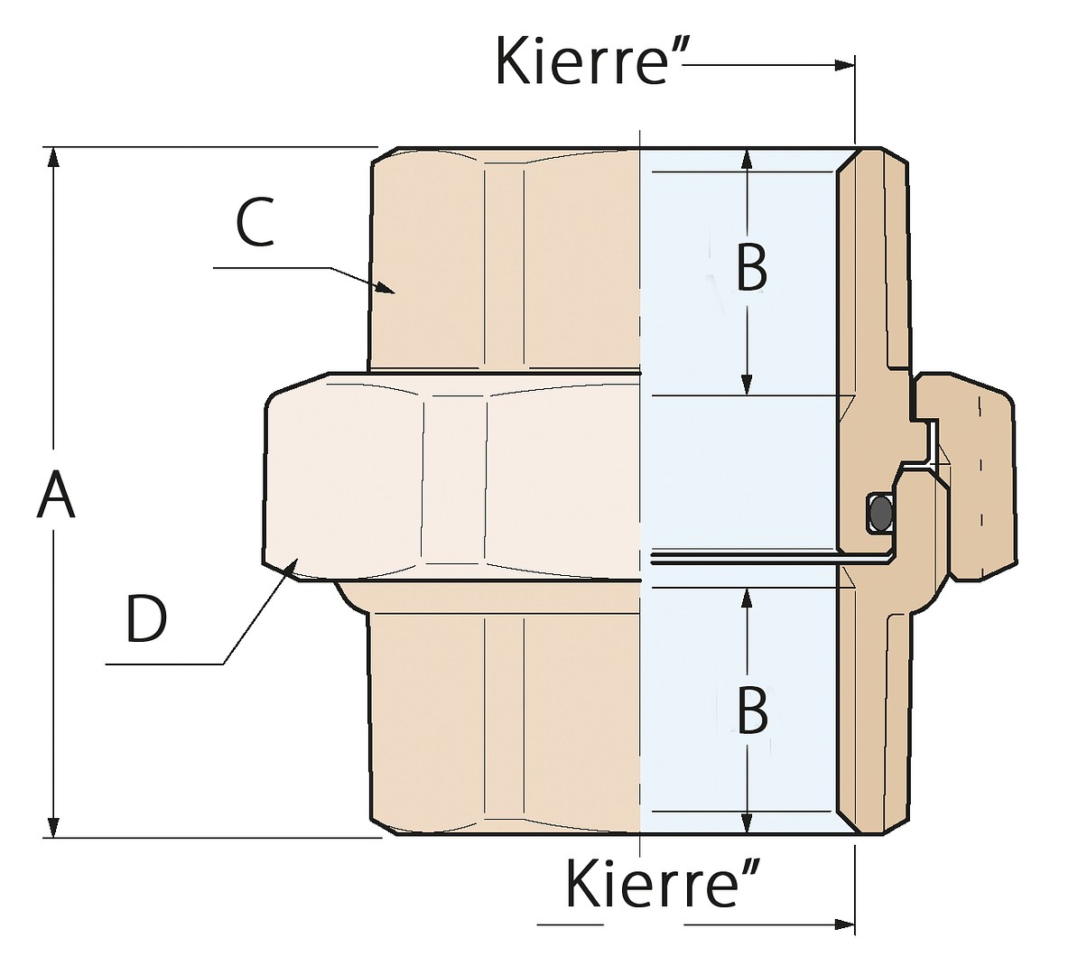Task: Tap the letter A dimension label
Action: pyautogui.click(x=56, y=494)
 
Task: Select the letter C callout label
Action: pyautogui.click(x=255, y=223)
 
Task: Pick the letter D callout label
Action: pyautogui.click(x=146, y=618)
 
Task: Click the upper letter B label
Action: pyautogui.click(x=752, y=266)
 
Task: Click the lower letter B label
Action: pyautogui.click(x=752, y=710)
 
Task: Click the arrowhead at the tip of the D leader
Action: pyautogui.click(x=292, y=568)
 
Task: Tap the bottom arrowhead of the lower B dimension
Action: pyautogui.click(x=747, y=823)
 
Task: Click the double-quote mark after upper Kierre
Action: pyautogui.click(x=676, y=48)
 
